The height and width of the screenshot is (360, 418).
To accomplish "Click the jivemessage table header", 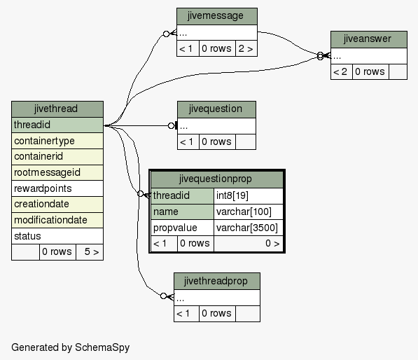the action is (x=217, y=16).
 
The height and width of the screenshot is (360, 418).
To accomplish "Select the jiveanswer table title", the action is (x=369, y=39).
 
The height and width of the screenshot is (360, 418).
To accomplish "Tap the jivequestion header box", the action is (x=216, y=109).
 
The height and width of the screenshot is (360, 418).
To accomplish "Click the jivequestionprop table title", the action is (x=217, y=179).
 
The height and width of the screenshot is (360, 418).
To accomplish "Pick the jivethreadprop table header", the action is (x=217, y=281).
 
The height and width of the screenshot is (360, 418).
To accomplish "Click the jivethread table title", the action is (x=57, y=109).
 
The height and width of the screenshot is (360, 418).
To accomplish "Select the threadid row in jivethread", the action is (x=57, y=125).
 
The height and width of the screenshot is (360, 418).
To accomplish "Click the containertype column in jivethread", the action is (x=57, y=141).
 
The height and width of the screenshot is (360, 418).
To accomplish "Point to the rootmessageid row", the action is (x=57, y=172).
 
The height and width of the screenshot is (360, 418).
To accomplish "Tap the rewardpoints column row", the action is (x=57, y=188).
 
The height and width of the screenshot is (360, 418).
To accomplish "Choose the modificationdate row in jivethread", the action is (x=57, y=220).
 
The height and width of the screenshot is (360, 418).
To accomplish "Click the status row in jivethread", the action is (x=57, y=236).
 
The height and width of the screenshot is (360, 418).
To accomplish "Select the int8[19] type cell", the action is (x=248, y=196).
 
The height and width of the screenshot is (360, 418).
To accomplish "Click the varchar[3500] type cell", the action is (x=248, y=228).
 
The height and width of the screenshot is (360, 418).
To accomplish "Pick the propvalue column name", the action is (x=182, y=228).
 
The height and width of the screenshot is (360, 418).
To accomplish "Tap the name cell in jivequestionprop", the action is (x=182, y=212).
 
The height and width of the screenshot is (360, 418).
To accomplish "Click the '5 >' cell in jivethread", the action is (x=90, y=252).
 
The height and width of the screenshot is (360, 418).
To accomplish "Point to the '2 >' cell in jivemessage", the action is (x=246, y=48).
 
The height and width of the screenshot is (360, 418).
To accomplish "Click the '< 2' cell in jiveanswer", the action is (x=342, y=71).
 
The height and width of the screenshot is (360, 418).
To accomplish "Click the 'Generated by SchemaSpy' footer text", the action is (x=71, y=347).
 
